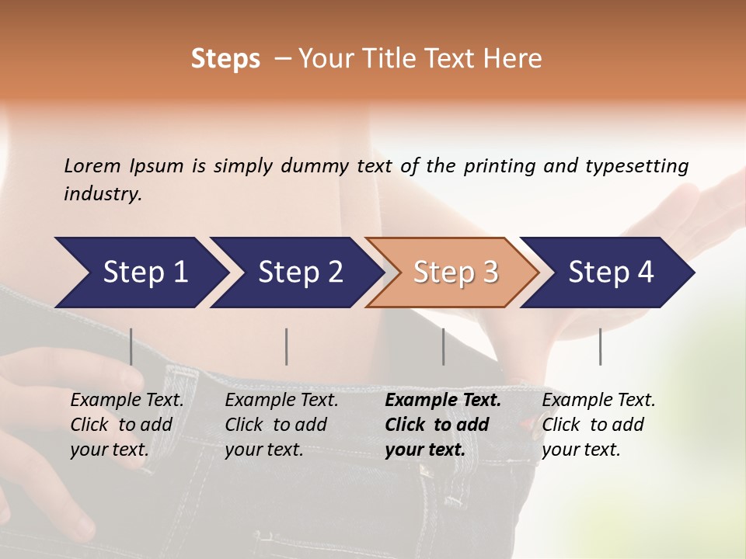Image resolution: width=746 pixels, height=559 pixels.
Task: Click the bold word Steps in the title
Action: coord(225,59)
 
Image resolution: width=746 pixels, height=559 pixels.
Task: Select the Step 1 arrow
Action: coord(141,273)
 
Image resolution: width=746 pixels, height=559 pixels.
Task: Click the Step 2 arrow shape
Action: coord(297,273)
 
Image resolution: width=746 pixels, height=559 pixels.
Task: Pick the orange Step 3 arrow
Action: coord(452,273)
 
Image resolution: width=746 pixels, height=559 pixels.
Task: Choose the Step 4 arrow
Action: coord(608,273)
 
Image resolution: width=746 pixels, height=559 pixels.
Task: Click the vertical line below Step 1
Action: coord(131,346)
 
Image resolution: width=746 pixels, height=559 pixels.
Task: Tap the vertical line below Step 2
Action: coord(286,346)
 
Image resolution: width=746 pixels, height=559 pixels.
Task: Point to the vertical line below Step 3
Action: coord(443,346)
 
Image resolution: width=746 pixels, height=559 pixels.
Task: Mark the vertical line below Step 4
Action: coord(600,346)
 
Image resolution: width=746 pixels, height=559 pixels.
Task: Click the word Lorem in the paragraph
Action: coord(92,166)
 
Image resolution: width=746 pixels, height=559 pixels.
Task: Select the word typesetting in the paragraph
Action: coord(637,167)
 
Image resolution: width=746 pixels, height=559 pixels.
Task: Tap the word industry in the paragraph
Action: coord(103,194)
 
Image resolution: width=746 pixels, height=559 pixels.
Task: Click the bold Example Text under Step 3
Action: coord(443,401)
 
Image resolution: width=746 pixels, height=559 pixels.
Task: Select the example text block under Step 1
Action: coord(127,425)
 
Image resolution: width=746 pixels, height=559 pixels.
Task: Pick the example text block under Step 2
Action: coord(281,425)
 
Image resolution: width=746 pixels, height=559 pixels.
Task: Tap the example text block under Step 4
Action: coord(598,425)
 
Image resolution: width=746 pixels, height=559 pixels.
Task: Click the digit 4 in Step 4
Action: coord(645,272)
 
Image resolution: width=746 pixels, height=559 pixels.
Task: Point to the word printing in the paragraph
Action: coord(500,167)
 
